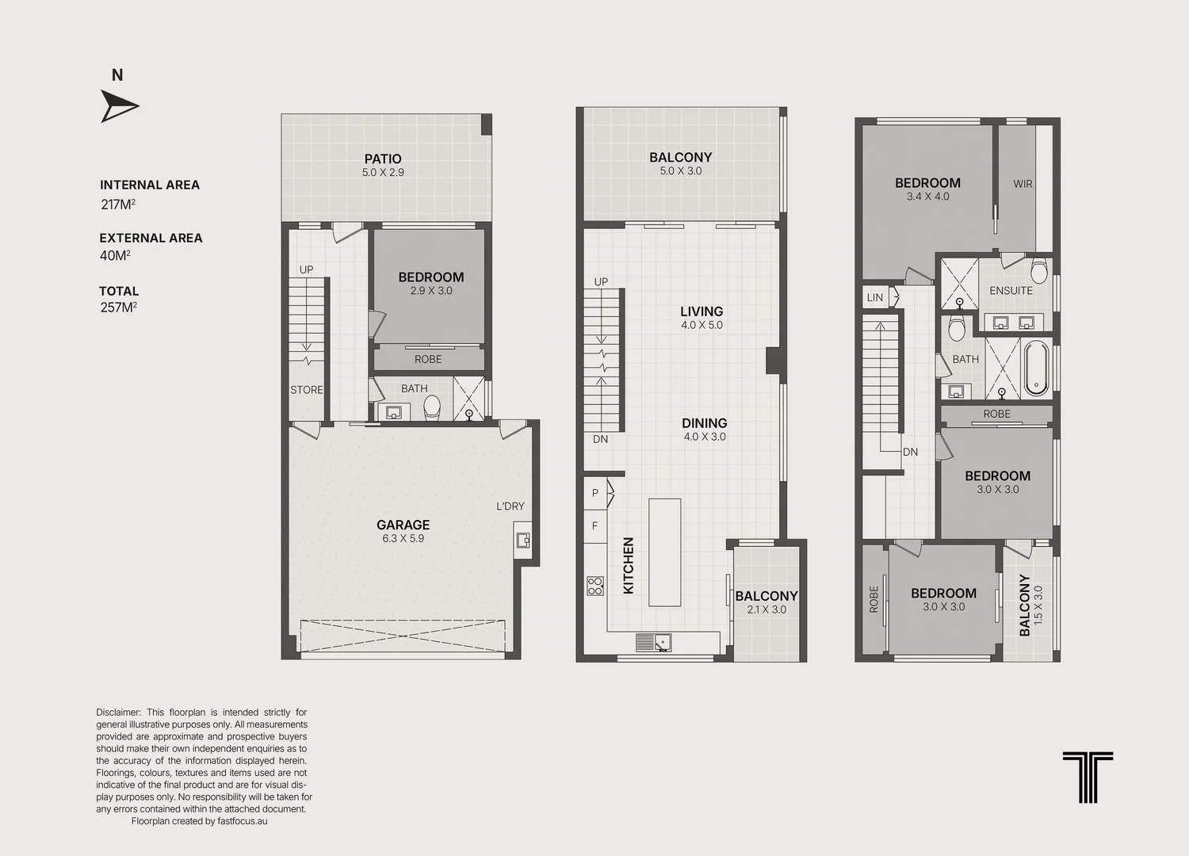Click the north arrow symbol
point(118,106)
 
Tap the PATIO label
point(383,159)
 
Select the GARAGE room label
point(403,525)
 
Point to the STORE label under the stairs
point(306,390)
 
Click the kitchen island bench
point(664,552)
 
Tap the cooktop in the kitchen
point(595,586)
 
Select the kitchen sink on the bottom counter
point(653,643)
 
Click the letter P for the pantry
point(595,493)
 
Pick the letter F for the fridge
point(595,526)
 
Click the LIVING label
point(702,311)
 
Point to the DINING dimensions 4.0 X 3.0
point(705,437)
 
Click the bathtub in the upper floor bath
point(1035,369)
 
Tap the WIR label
point(1023,184)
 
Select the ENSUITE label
point(1011,291)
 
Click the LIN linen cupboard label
point(875,298)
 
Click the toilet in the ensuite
point(1038,270)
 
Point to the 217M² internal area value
point(118,204)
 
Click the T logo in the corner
point(1088,777)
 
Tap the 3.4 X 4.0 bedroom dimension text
point(928,197)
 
